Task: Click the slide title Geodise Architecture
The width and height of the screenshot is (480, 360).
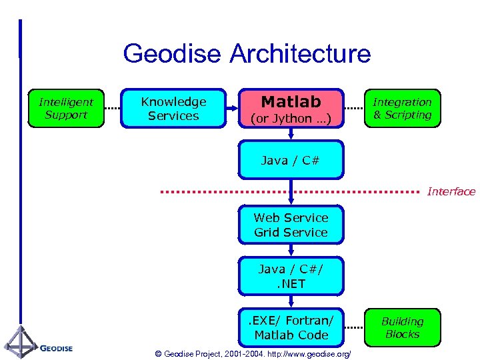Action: (247, 53)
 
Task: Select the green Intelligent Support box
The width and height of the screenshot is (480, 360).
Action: (66, 108)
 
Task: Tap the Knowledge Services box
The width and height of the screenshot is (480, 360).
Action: (173, 108)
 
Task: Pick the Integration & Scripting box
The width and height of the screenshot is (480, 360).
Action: (402, 108)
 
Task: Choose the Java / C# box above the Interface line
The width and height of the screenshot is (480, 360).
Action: (291, 160)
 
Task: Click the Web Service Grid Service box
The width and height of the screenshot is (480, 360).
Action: (291, 225)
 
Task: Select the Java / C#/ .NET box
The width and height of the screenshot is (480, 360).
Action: (291, 275)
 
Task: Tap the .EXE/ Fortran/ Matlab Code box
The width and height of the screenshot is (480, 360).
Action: (291, 327)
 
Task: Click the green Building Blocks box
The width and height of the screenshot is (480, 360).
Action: (402, 327)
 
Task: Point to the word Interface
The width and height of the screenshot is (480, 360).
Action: (451, 192)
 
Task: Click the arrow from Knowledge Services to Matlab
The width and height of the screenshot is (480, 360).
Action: (233, 109)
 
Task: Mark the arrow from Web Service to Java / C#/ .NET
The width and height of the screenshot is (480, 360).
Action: (291, 251)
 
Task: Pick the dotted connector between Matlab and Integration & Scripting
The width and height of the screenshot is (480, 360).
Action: (354, 109)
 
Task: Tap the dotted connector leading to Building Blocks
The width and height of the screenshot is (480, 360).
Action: (354, 327)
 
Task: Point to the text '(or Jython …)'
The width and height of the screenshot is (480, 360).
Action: (291, 119)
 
